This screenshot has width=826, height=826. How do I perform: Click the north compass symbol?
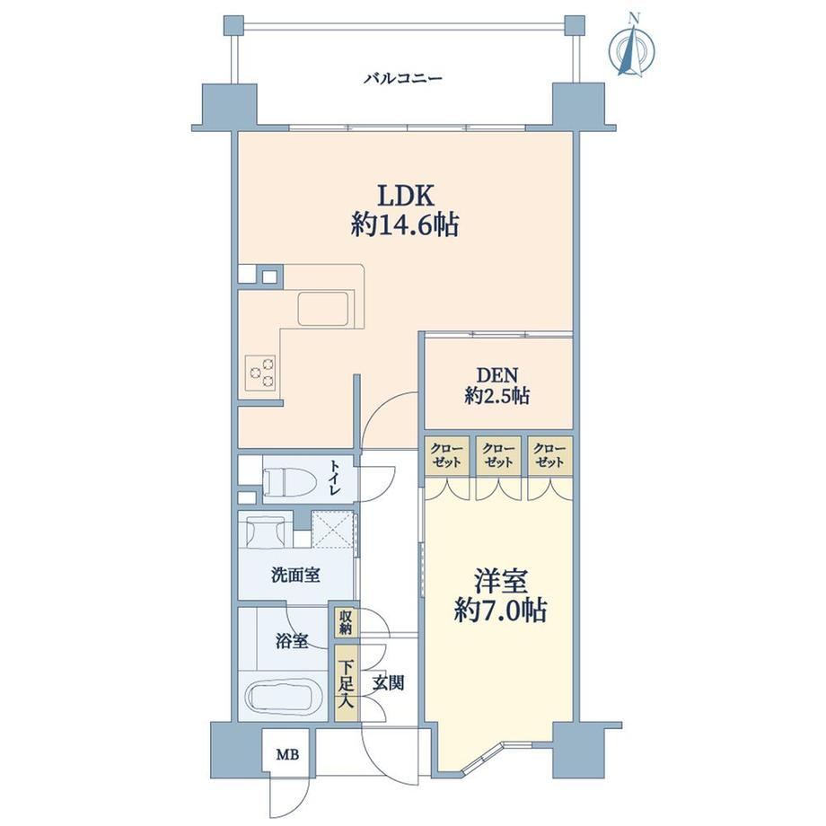click(632, 48)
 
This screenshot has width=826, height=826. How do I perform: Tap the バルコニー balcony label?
click(403, 80)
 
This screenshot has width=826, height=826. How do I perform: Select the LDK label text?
click(405, 196)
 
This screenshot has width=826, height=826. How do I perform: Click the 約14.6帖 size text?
click(405, 225)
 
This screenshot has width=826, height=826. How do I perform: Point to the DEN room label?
click(497, 375)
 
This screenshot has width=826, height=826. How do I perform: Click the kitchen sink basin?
click(324, 309)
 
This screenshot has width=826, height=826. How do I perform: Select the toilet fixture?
click(289, 481)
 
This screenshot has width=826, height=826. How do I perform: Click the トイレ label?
click(335, 479)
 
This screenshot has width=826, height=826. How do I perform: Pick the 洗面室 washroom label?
click(295, 575)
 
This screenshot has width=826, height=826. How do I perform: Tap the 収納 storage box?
click(346, 622)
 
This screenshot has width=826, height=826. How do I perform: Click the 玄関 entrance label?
click(389, 682)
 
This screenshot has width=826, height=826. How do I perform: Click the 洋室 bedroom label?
click(500, 582)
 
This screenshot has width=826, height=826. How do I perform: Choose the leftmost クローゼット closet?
click(447, 456)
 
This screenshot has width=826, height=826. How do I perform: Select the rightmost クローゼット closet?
click(550, 456)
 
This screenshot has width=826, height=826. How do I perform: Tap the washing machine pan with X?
click(332, 530)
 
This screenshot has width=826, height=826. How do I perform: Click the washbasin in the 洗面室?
click(266, 530)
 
